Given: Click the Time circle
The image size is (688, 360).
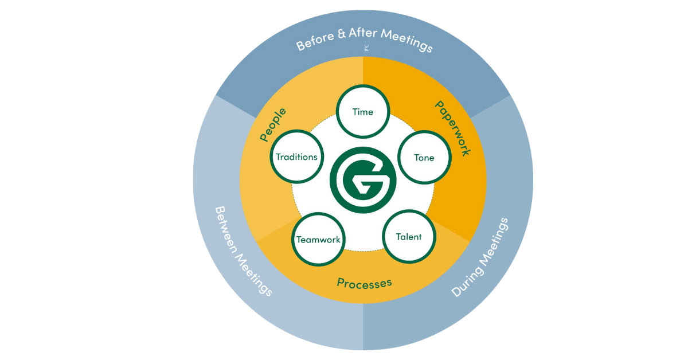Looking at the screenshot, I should [x=362, y=112].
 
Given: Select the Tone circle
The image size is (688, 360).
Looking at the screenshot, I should [x=424, y=158].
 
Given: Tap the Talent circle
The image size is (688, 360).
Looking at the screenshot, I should [x=409, y=237].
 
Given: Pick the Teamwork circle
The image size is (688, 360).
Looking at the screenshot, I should [x=318, y=240].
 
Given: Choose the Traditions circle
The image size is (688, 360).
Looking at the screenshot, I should [x=296, y=156].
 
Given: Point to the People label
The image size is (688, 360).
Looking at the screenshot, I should [x=273, y=124].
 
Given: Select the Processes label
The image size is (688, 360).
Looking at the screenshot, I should [x=364, y=283].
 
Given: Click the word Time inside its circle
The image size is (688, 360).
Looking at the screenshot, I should [x=362, y=112].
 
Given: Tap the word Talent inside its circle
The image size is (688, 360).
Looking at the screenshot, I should [x=409, y=237].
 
